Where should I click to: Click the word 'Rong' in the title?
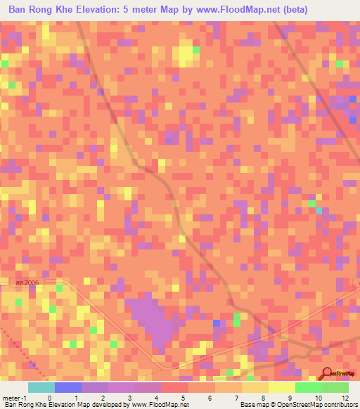(x=48, y=10)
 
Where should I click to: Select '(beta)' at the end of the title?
(x=292, y=10)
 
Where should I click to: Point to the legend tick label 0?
(x=49, y=397)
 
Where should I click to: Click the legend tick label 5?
(x=184, y=397)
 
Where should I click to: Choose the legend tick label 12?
(x=345, y=397)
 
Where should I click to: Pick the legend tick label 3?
(x=130, y=397)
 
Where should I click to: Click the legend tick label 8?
(x=264, y=397)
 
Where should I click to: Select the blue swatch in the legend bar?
(x=68, y=387)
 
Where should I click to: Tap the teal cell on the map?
(x=319, y=211)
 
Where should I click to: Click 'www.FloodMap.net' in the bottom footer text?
(x=159, y=405)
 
